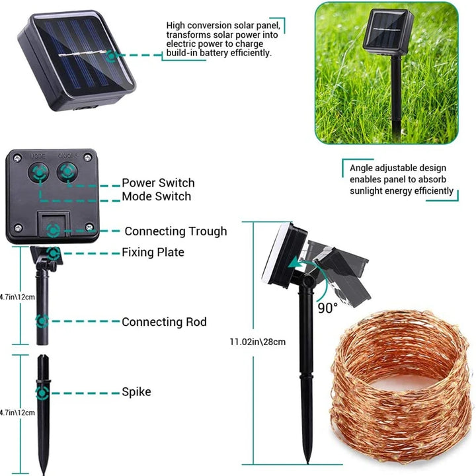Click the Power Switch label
click(158, 183)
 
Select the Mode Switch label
click(156, 196)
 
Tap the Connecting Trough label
click(175, 231)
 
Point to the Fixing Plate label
click(153, 252)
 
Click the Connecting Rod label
click(164, 322)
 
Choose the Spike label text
click(136, 392)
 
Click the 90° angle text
click(327, 307)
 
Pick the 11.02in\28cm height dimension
click(257, 342)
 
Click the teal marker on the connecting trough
click(54, 231)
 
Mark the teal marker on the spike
click(42, 393)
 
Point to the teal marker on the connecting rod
click(42, 321)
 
